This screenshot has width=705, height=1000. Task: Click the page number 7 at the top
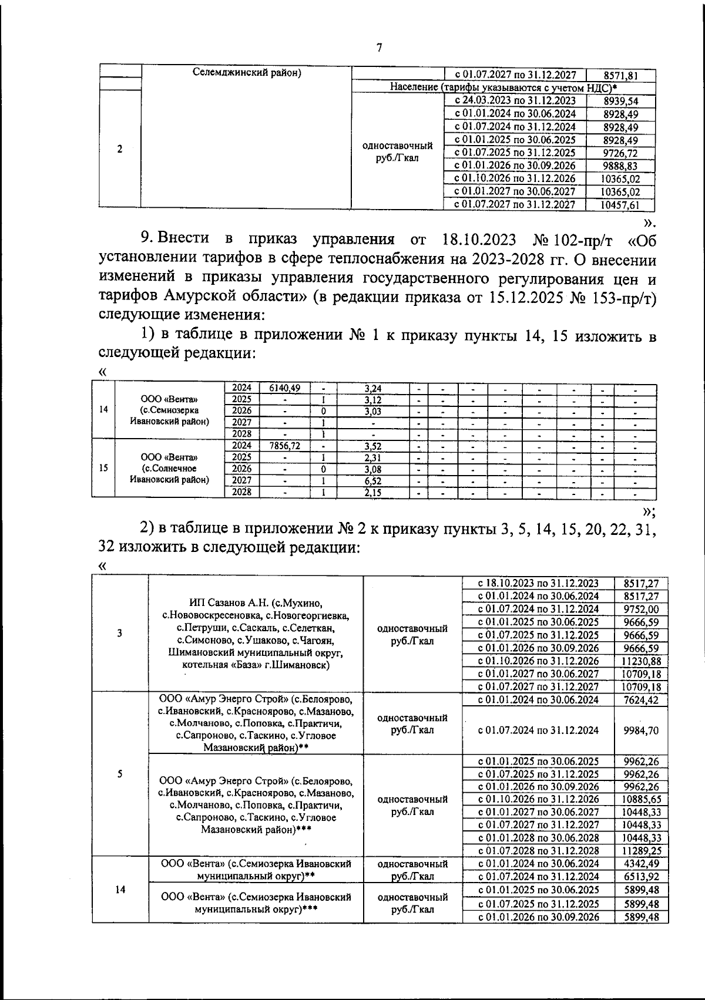click(379, 48)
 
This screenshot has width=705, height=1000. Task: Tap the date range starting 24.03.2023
click(515, 101)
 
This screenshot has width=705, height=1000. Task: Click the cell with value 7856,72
click(284, 446)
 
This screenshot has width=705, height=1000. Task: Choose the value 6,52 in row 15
click(373, 481)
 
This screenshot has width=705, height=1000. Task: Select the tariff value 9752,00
click(641, 610)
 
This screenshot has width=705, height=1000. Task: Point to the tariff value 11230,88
click(641, 661)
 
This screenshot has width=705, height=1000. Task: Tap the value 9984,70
click(641, 730)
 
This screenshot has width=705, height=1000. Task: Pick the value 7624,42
click(641, 700)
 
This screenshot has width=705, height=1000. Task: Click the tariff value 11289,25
click(641, 851)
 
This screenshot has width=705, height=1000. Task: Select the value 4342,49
click(641, 864)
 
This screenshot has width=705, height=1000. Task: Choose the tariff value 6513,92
click(641, 877)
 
